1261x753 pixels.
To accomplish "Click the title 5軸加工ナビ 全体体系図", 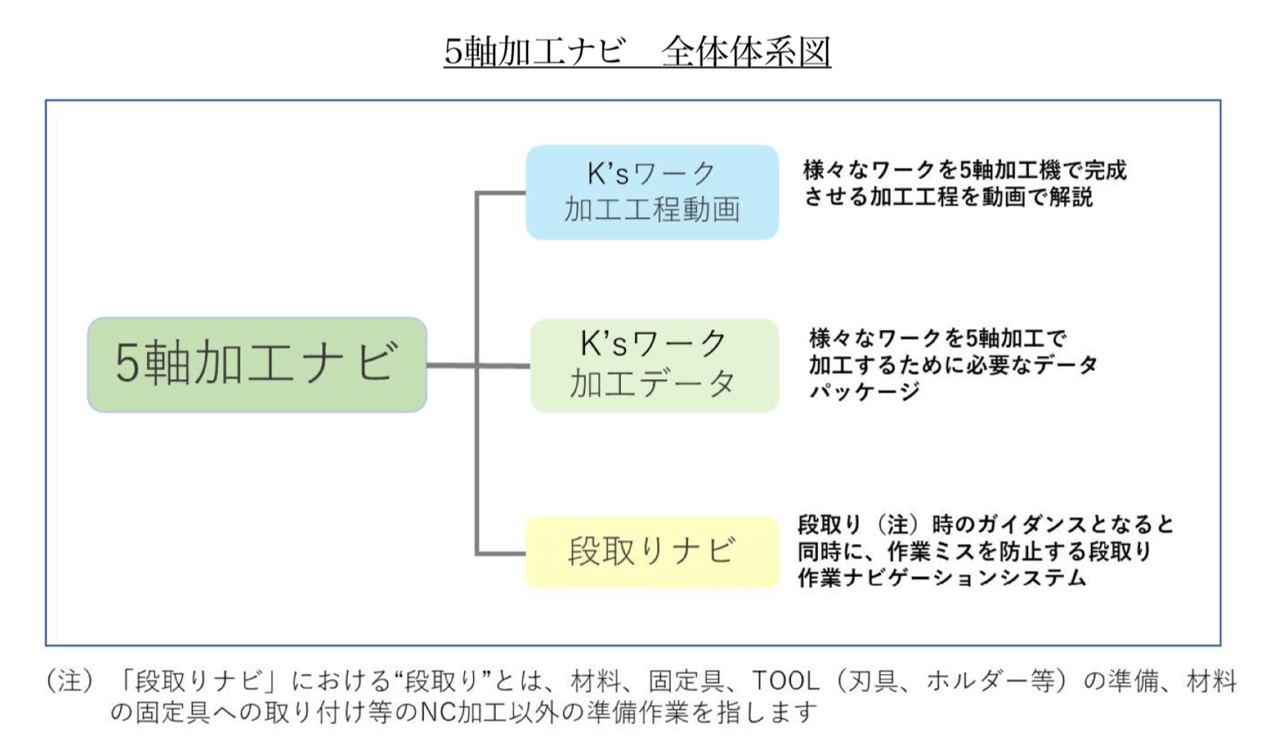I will pos(637,52).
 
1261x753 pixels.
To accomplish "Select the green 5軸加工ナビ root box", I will pos(257,364).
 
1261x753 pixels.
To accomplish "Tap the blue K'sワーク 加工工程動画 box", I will pos(652,192).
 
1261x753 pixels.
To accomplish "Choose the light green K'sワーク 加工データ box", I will pos(654,365).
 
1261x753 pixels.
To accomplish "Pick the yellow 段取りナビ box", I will pos(652,552).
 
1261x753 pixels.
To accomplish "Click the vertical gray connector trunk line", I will pos(477,455).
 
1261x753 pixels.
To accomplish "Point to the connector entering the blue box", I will pos(501,193).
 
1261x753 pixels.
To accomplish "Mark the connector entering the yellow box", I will pos(501,553).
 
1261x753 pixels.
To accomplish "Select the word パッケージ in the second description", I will pos(863,391).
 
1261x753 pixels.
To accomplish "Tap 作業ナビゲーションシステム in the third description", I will pos(941,578).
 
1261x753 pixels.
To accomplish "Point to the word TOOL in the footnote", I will pos(785,680).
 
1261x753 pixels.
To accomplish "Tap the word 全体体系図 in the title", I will pos(745,52).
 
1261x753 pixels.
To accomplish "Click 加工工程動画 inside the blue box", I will pos(652,210).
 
